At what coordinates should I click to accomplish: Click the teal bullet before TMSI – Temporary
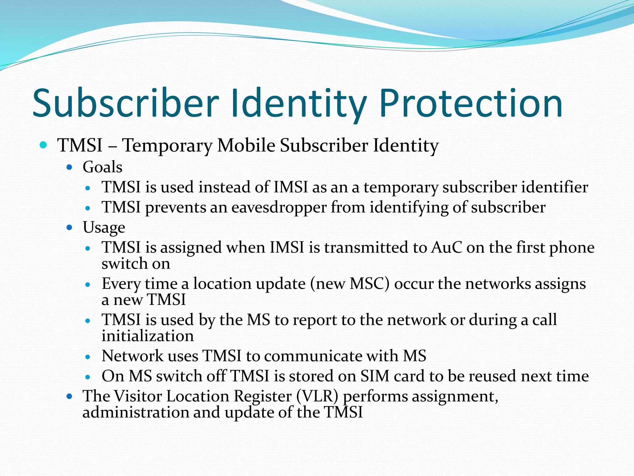click(43, 145)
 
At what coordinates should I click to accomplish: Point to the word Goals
click(102, 167)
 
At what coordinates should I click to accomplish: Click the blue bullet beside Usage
click(69, 228)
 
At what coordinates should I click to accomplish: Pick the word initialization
click(148, 336)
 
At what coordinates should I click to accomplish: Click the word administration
click(136, 412)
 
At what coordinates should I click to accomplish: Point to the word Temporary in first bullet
click(167, 145)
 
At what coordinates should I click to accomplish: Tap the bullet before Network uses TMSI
click(88, 357)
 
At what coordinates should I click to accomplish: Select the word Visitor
click(138, 396)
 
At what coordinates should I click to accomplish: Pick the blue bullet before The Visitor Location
click(69, 396)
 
